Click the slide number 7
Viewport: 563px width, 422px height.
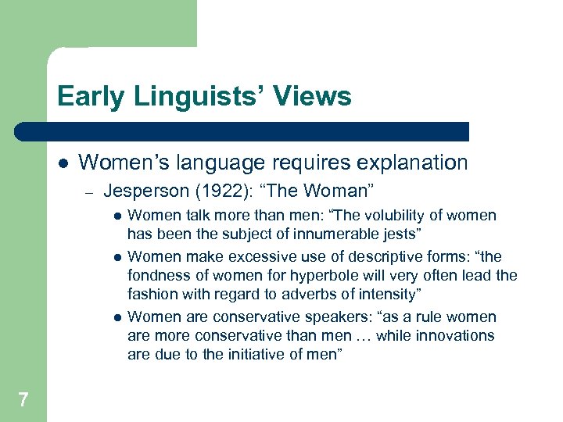point(23,400)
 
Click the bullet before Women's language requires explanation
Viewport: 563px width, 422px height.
point(62,163)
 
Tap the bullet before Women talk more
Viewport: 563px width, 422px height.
point(117,216)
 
